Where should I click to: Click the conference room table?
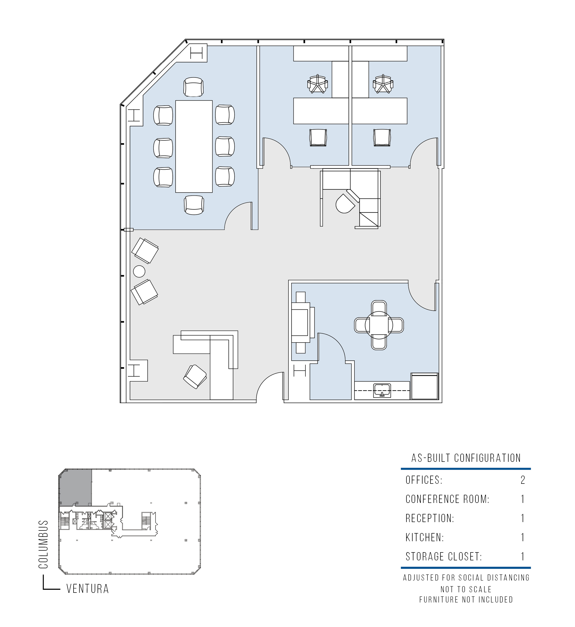[194, 146]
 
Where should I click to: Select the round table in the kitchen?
[379, 325]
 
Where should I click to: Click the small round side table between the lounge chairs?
[139, 271]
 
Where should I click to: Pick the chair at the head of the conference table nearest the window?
[194, 87]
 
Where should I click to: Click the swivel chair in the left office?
[317, 84]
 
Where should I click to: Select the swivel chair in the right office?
[383, 84]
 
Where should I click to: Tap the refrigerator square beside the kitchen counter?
[425, 386]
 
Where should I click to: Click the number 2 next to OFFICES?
[523, 480]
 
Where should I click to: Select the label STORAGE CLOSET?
[444, 556]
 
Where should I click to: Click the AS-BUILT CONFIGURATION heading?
[466, 458]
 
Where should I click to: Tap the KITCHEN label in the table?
[425, 537]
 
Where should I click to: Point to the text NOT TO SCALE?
[466, 589]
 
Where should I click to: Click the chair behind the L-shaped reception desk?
[195, 377]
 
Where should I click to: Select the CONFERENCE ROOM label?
[447, 499]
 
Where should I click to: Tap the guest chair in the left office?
[318, 138]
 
